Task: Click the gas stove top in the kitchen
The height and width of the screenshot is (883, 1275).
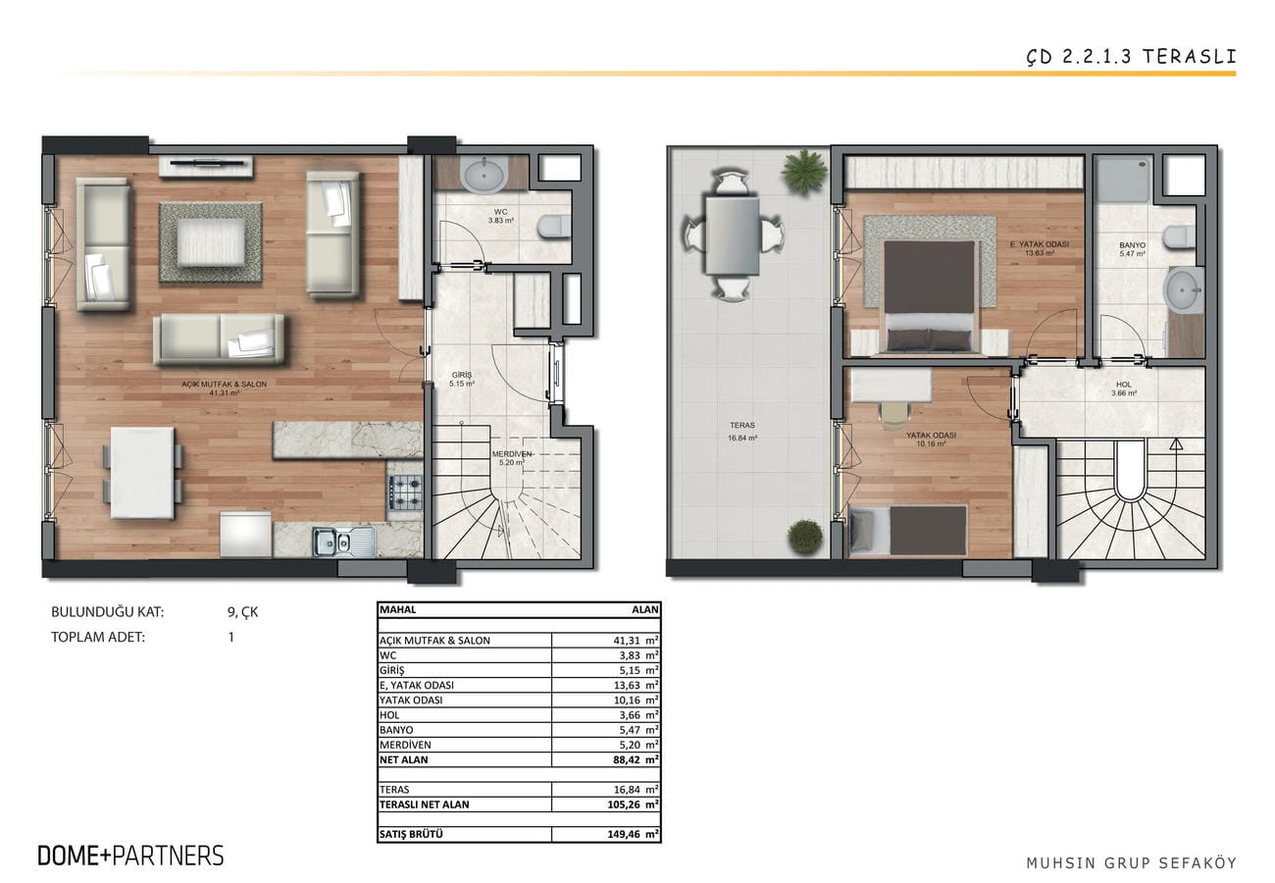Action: pyautogui.click(x=406, y=493)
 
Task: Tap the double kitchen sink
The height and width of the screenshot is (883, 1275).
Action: pyautogui.click(x=343, y=542)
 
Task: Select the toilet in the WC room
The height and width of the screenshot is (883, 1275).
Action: pyautogui.click(x=553, y=226)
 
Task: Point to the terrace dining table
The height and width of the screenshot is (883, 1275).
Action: pyautogui.click(x=732, y=235)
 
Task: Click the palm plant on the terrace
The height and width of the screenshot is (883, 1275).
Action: pyautogui.click(x=804, y=168)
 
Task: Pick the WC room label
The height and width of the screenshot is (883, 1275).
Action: pyautogui.click(x=501, y=216)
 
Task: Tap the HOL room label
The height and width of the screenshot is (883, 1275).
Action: pyautogui.click(x=1124, y=389)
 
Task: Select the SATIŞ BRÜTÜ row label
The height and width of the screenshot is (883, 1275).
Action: pyautogui.click(x=411, y=835)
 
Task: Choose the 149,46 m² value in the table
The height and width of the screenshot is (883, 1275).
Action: pyautogui.click(x=633, y=835)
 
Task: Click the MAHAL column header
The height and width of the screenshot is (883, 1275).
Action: pyautogui.click(x=398, y=609)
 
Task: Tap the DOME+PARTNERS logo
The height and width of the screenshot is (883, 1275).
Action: pyautogui.click(x=130, y=856)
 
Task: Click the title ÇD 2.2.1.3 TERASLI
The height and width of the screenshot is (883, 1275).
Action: pyautogui.click(x=1131, y=57)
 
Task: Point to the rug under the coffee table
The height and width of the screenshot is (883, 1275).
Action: pyautogui.click(x=211, y=242)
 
